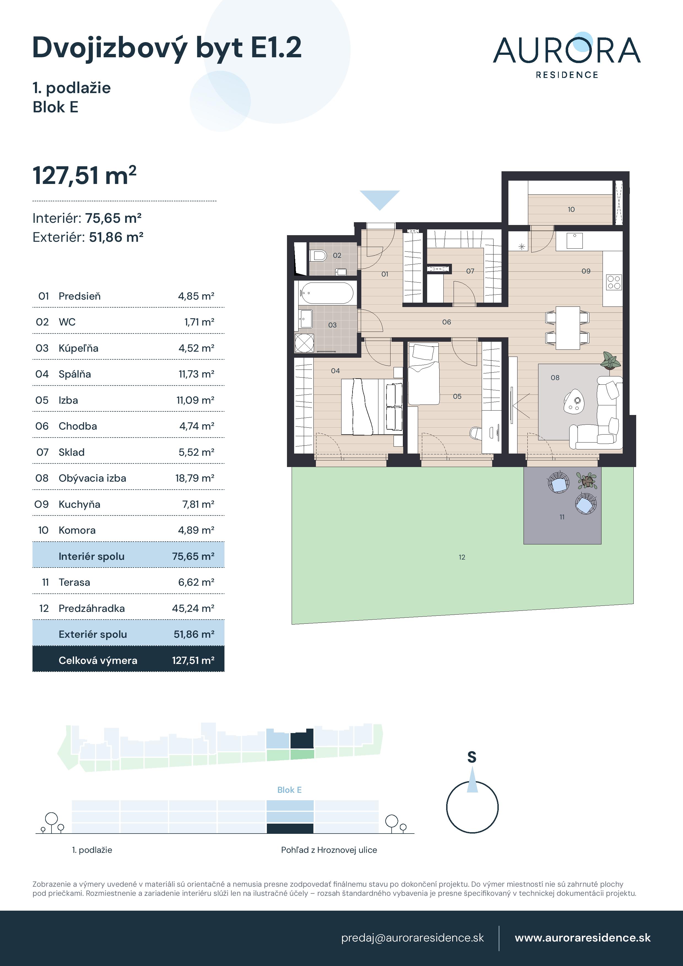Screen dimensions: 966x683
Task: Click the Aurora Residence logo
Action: tap(567, 55)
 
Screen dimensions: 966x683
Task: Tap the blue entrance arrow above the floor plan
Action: tap(379, 198)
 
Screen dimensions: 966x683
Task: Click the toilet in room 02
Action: tap(319, 255)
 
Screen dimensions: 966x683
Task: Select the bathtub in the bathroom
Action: tap(327, 293)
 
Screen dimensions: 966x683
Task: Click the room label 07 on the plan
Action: tap(470, 271)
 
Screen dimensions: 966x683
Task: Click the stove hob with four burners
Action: tap(614, 282)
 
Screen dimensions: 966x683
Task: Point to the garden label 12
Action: tap(462, 557)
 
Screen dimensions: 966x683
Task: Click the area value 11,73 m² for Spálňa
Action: tap(196, 374)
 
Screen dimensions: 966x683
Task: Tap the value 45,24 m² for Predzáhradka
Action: tap(193, 608)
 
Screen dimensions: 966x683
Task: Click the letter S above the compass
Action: tap(472, 757)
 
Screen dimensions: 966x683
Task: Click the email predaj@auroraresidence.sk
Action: tap(412, 938)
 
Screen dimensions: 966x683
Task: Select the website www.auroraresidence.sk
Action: tap(582, 938)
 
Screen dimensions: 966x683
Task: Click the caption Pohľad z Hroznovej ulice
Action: tap(329, 850)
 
